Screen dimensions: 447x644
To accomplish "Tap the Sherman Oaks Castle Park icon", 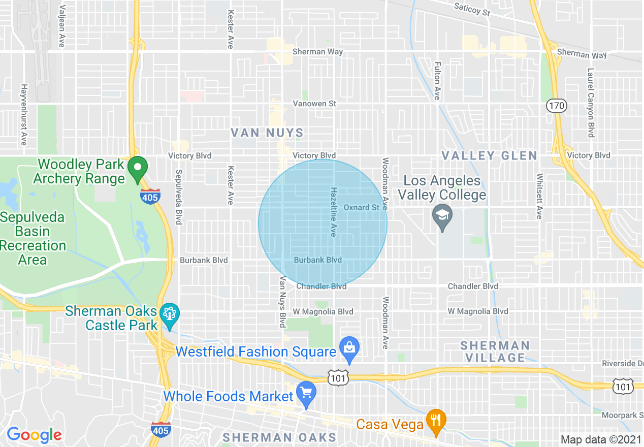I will pyautogui.click(x=169, y=313).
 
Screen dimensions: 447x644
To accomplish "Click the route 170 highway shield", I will pyautogui.click(x=557, y=106).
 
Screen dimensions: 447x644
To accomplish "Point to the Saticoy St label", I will pyautogui.click(x=472, y=9).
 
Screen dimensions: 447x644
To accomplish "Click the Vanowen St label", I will pyautogui.click(x=314, y=104).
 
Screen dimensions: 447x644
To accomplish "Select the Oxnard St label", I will pyautogui.click(x=362, y=207).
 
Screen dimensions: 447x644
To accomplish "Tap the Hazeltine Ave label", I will pyautogui.click(x=334, y=212).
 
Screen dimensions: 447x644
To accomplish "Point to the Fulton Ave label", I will pyautogui.click(x=437, y=81).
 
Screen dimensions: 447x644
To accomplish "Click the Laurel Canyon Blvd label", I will pyautogui.click(x=591, y=103).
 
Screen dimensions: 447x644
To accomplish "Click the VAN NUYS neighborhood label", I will pyautogui.click(x=267, y=133).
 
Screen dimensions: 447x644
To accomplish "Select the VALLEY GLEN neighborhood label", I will pyautogui.click(x=489, y=155).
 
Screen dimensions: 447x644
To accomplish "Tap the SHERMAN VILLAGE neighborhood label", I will pyautogui.click(x=495, y=352).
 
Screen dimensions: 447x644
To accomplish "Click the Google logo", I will pyautogui.click(x=34, y=435).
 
